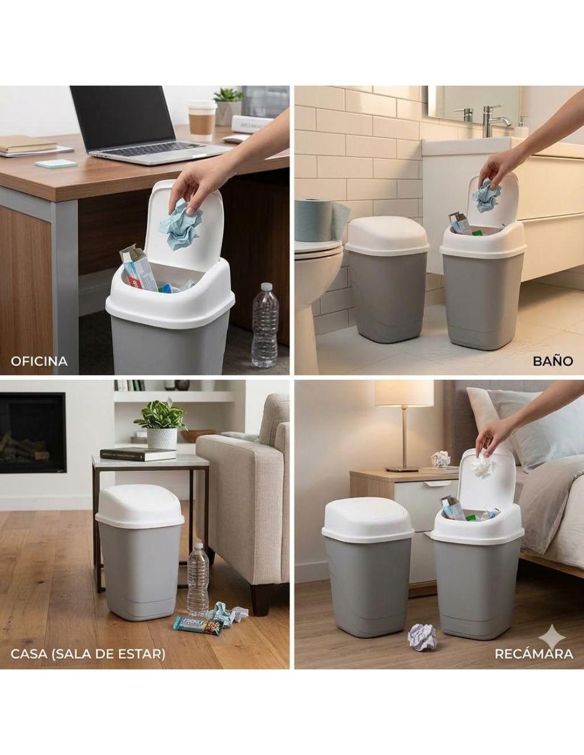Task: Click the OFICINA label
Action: coord(39,362)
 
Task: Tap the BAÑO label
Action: coord(553,362)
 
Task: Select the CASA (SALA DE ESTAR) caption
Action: coord(88,654)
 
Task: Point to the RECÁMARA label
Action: coord(534,654)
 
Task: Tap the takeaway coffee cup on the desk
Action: coord(202,120)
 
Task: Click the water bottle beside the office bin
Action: coord(265,325)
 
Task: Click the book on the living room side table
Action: coord(138,454)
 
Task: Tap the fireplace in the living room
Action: coord(33,433)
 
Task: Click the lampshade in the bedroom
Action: coord(403,393)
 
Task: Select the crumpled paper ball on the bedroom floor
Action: coord(422,637)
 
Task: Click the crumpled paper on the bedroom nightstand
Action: coord(440,459)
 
